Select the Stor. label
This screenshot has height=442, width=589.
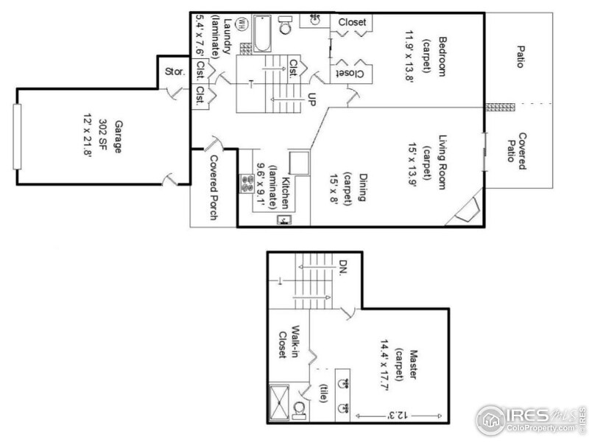pos(174,73)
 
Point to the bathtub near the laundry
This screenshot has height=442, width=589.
pos(263,34)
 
